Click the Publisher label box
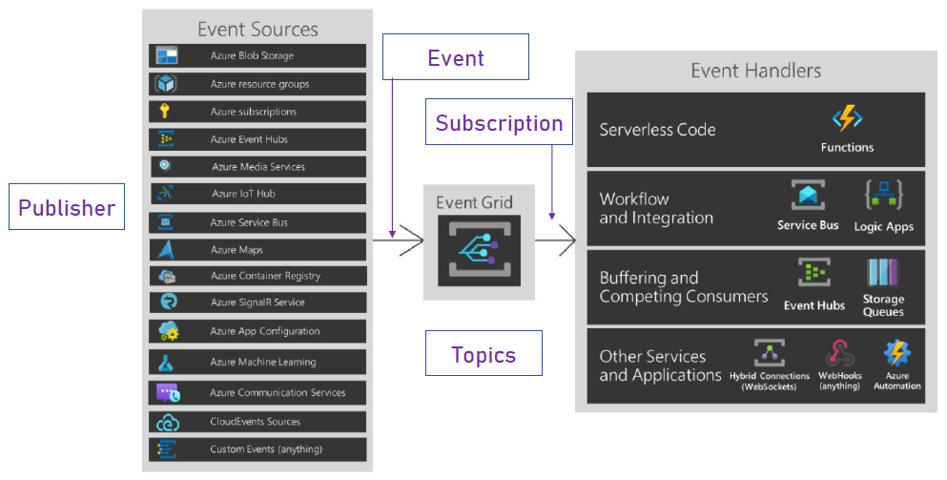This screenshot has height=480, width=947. pyautogui.click(x=67, y=208)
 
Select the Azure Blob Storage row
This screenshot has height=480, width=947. pyautogui.click(x=257, y=55)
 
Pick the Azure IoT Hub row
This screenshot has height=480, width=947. pyautogui.click(x=257, y=194)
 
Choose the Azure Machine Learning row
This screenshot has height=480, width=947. pyautogui.click(x=257, y=363)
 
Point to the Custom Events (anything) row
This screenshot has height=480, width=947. pyautogui.click(x=257, y=449)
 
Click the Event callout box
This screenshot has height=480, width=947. pyautogui.click(x=456, y=57)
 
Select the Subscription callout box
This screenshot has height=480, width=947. pyautogui.click(x=499, y=123)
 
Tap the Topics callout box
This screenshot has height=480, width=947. pyautogui.click(x=484, y=355)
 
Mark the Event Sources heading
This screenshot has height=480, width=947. pyautogui.click(x=257, y=29)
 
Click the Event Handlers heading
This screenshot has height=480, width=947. pyautogui.click(x=755, y=71)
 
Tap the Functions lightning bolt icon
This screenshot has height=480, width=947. pyautogui.click(x=847, y=118)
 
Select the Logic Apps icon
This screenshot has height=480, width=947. pyautogui.click(x=884, y=196)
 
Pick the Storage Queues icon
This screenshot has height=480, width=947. pyautogui.click(x=883, y=274)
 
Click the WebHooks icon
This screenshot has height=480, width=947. pyautogui.click(x=839, y=352)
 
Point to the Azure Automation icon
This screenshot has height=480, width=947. pyautogui.click(x=896, y=352)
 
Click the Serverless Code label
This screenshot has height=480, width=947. pyautogui.click(x=657, y=130)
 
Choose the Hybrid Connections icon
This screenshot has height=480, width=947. pyautogui.click(x=769, y=352)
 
